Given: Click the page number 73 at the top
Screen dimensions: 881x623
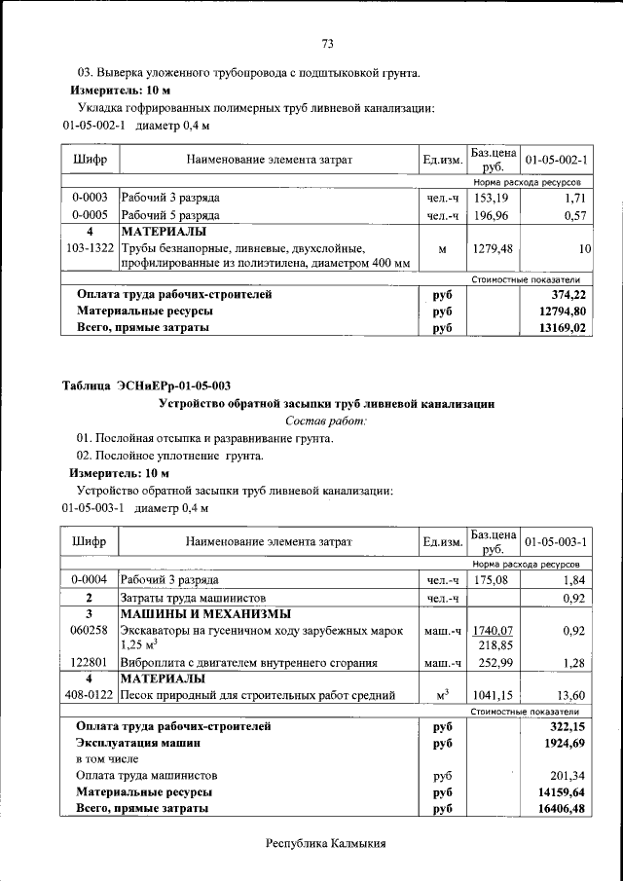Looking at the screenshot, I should (327, 43).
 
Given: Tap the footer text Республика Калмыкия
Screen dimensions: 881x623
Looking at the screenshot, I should (327, 843).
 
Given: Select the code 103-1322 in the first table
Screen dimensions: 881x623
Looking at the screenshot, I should (90, 249).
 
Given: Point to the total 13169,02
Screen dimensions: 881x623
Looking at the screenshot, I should (566, 329).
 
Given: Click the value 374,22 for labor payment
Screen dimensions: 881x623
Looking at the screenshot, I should (570, 294).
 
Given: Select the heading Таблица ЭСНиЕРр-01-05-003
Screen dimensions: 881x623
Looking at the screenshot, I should (147, 385).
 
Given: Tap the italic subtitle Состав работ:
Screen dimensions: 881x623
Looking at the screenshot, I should (327, 421).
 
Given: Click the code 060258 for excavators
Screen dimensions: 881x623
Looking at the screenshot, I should (90, 631).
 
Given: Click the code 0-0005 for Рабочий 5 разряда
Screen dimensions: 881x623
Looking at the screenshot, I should (90, 215).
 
